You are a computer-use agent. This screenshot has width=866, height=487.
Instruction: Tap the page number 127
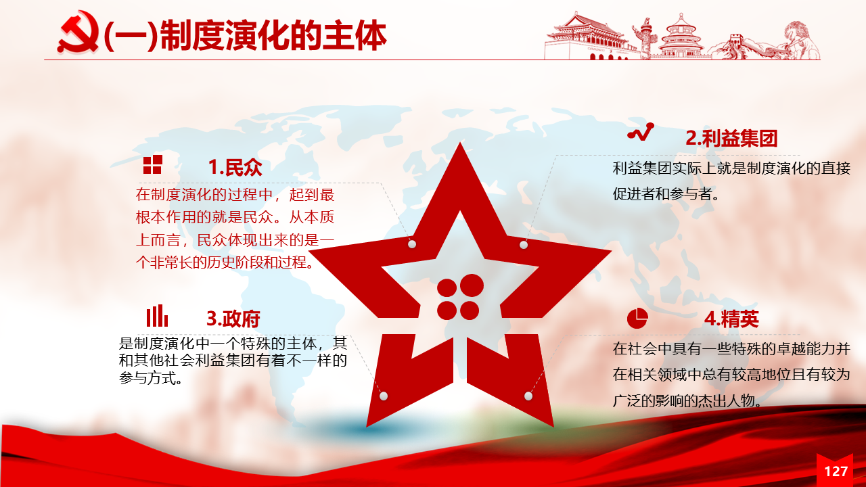[x=836, y=471]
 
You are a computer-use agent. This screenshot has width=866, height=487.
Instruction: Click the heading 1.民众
[x=235, y=167]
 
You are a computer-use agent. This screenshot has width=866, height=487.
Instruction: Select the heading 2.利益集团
[x=731, y=138]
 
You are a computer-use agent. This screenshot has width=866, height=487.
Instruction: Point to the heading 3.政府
[x=233, y=319]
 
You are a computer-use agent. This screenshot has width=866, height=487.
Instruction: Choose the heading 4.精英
[x=731, y=319]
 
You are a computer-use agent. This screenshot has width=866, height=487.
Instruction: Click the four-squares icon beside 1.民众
[x=152, y=164]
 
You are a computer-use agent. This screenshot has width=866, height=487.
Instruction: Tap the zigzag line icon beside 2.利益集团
[x=641, y=132]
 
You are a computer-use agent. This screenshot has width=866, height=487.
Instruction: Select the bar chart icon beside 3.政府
[x=157, y=316]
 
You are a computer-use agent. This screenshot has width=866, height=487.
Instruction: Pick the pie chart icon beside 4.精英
[x=637, y=319]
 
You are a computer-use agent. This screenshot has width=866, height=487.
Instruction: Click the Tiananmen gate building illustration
[x=588, y=37]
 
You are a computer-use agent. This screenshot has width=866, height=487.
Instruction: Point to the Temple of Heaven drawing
[x=681, y=37]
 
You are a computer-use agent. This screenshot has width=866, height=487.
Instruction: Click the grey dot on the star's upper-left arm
[x=412, y=244]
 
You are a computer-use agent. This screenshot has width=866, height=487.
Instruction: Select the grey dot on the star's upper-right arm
[x=524, y=245]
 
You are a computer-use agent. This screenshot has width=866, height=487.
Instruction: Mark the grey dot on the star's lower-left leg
[x=384, y=396]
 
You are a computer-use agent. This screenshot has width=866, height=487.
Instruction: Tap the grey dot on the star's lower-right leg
[x=528, y=396]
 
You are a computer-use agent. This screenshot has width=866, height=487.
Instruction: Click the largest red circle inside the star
[x=472, y=286]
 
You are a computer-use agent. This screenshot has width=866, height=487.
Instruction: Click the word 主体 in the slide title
[x=355, y=36]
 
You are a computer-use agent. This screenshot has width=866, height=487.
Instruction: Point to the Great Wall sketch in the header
[x=735, y=47]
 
